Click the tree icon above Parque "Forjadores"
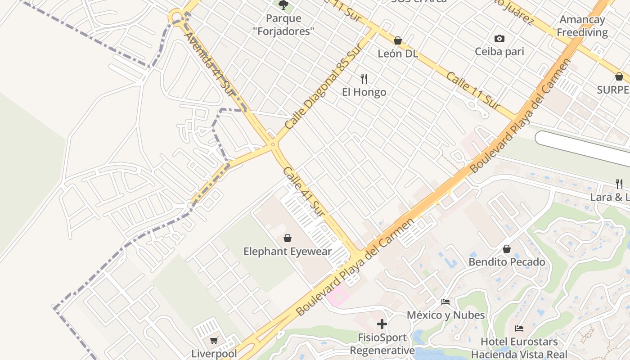pos(283,5)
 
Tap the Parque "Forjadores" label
pos(283,25)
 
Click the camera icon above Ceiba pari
pos(499,39)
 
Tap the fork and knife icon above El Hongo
pos(364,79)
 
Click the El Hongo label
pos(364,92)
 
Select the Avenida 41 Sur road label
pos(210,63)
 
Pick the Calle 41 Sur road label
pos(304,191)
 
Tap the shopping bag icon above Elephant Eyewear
pos(288,238)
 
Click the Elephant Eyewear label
pos(288,252)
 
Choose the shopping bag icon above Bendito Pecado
pos(507,249)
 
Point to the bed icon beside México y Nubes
pos(445,302)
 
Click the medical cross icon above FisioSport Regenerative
pos(382,324)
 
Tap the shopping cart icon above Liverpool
pos(214,341)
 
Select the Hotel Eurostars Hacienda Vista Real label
pos(519,348)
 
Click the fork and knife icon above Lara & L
pos(619,184)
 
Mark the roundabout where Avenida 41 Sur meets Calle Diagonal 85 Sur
pos(273,144)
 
